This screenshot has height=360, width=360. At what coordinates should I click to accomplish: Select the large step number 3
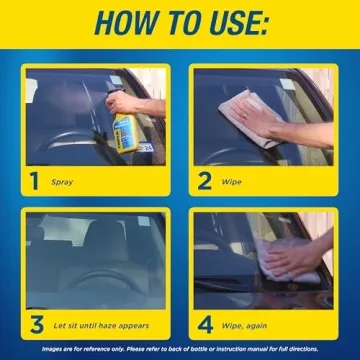tap(35, 325)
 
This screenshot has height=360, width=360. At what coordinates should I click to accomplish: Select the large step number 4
tap(205, 325)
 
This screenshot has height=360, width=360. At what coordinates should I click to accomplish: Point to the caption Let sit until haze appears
tap(101, 326)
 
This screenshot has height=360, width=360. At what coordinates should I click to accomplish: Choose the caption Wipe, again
tap(250, 326)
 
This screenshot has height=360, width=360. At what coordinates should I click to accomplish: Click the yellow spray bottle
tap(125, 129)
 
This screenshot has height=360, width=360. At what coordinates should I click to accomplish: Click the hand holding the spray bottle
tap(122, 101)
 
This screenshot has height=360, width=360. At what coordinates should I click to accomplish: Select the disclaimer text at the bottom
tap(180, 350)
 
